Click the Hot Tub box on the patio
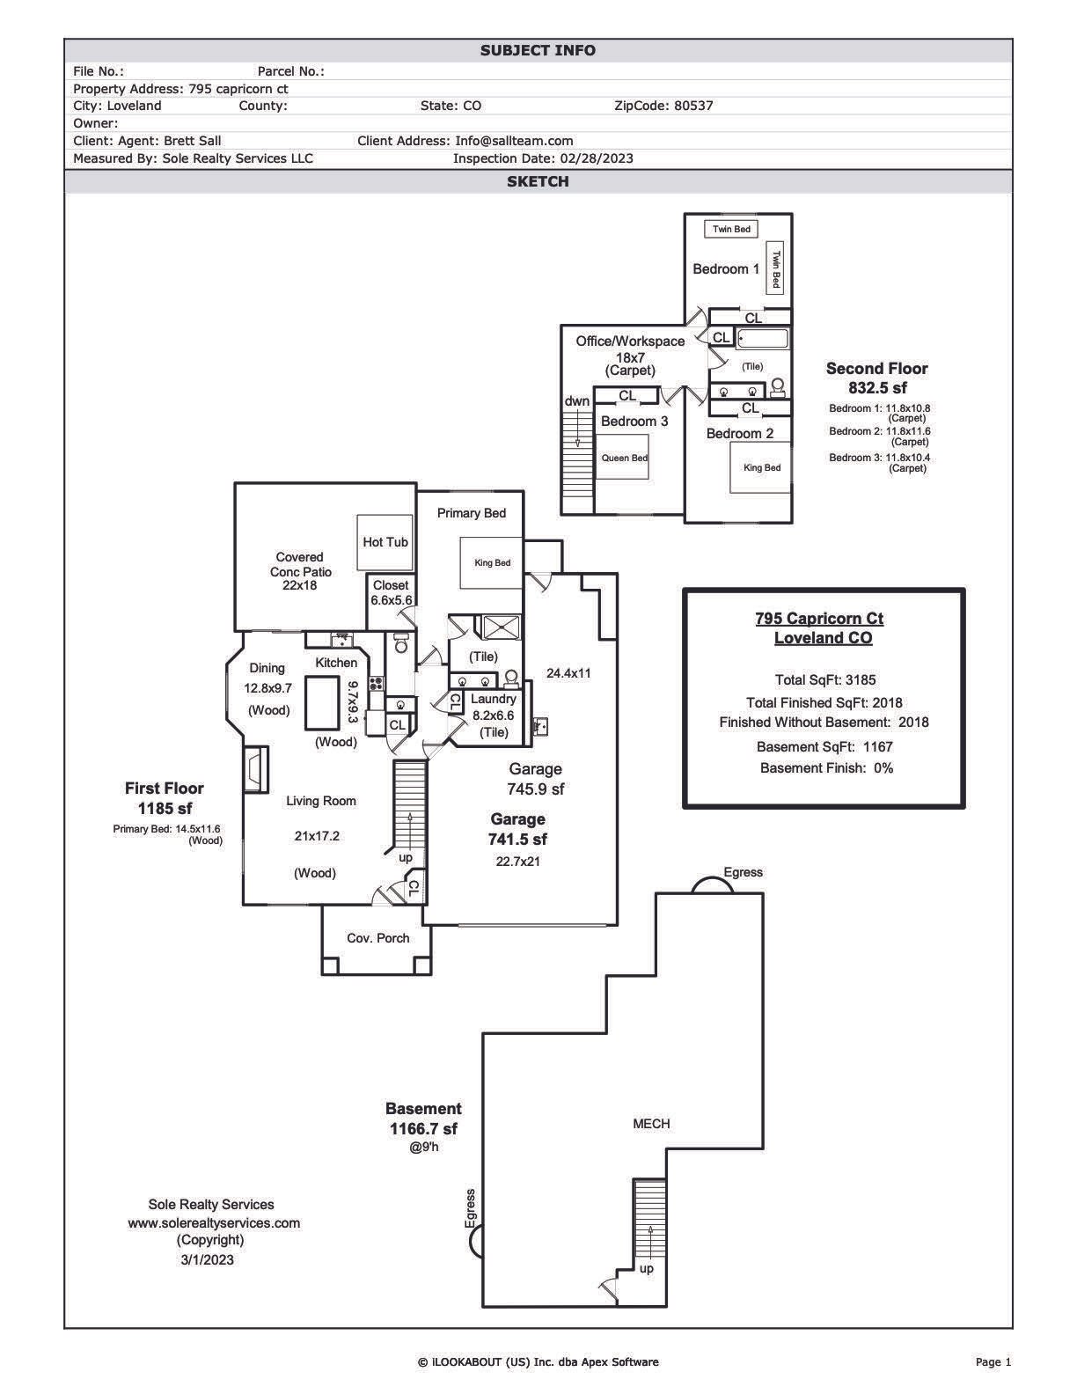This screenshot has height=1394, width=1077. click(x=385, y=542)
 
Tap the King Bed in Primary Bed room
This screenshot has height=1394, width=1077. click(x=492, y=563)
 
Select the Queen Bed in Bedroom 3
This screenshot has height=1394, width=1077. click(x=624, y=458)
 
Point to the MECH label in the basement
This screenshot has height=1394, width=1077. click(x=651, y=1124)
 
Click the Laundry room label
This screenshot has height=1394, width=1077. click(x=493, y=699)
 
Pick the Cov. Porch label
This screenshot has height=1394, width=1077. click(x=377, y=938)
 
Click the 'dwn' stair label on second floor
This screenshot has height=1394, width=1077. click(x=577, y=401)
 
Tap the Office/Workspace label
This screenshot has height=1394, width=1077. click(x=630, y=341)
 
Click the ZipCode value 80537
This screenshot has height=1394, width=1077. click(x=693, y=106)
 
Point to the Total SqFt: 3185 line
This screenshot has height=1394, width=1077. click(x=824, y=680)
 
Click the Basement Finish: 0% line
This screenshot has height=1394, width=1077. click(x=826, y=768)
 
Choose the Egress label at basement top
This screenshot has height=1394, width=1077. click(x=743, y=872)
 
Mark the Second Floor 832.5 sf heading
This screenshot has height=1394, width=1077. click(x=876, y=378)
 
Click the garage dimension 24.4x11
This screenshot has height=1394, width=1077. click(x=568, y=673)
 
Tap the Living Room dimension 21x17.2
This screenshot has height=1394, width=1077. click(x=317, y=836)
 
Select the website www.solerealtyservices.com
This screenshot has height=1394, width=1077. click(x=214, y=1223)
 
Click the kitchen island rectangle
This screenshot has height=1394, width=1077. click(x=321, y=702)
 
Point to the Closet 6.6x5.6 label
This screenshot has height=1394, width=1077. click(x=391, y=592)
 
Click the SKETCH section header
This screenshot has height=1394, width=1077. click(x=538, y=181)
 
